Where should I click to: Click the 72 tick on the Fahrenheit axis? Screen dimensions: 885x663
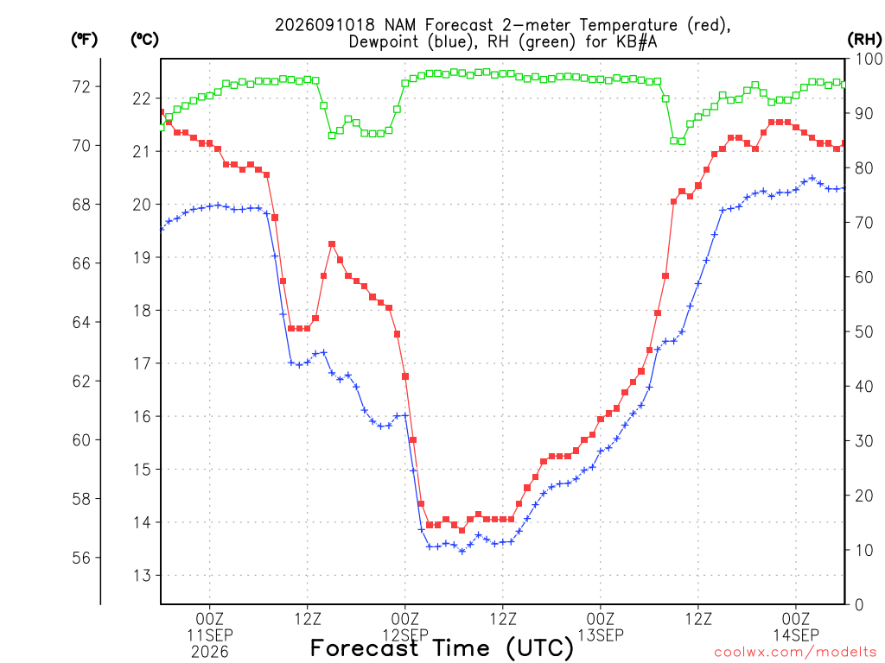[81, 87]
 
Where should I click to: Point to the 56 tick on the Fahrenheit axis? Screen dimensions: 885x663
[81, 558]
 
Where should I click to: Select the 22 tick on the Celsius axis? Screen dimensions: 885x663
[142, 98]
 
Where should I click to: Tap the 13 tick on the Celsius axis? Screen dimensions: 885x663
[142, 575]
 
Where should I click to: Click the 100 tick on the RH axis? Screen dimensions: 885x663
[869, 59]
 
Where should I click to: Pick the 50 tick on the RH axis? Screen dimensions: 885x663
[864, 331]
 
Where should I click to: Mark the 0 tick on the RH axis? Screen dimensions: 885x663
[859, 604]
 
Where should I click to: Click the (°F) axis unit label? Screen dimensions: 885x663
[84, 40]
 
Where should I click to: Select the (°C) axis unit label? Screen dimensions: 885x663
[144, 40]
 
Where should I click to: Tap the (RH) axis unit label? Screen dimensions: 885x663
[864, 40]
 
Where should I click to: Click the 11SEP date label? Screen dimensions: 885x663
[210, 635]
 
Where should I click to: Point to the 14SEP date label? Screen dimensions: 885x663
[796, 635]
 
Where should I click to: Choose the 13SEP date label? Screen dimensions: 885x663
[601, 635]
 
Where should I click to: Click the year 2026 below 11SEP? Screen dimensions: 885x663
[210, 652]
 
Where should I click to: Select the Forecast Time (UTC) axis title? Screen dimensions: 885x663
[442, 648]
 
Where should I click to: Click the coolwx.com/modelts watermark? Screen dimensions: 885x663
[795, 652]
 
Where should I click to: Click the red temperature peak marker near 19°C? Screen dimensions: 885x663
[332, 244]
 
